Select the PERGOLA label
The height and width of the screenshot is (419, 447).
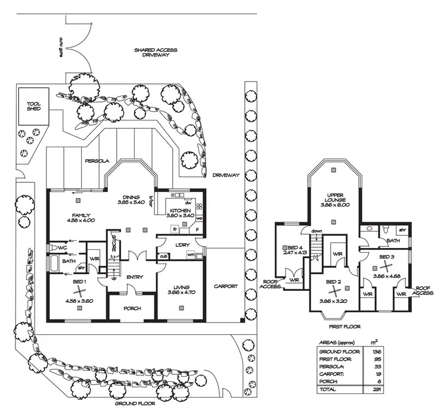95,161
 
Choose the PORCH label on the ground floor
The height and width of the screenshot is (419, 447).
132,309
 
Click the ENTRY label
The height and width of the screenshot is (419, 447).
134,278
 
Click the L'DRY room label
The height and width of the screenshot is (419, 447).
182,246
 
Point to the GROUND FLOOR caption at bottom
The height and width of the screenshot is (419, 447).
134,404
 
